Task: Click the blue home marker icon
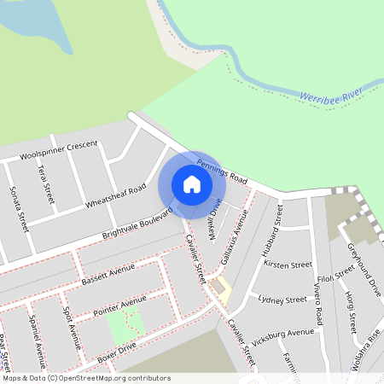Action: click(x=192, y=183)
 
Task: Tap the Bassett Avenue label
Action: click(x=108, y=274)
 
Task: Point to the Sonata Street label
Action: click(x=19, y=209)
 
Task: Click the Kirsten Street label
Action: click(x=288, y=265)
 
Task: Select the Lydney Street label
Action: click(x=282, y=300)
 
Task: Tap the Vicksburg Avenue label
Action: click(x=288, y=333)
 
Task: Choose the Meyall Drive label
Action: click(x=212, y=213)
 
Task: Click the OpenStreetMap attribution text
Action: click(x=86, y=377)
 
